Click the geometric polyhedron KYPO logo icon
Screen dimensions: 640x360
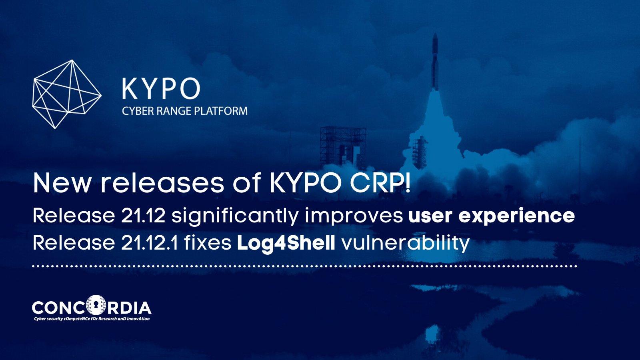pyautogui.click(x=67, y=94)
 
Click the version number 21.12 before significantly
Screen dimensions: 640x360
pyautogui.click(x=143, y=216)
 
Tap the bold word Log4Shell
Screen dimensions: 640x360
pyautogui.click(x=286, y=244)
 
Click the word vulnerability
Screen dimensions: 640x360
pyautogui.click(x=406, y=244)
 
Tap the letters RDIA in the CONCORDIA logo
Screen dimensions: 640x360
pyautogui.click(x=129, y=308)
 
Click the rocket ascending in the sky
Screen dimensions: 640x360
pyautogui.click(x=434, y=62)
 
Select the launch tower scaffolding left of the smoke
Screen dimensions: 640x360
pyautogui.click(x=343, y=148)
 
